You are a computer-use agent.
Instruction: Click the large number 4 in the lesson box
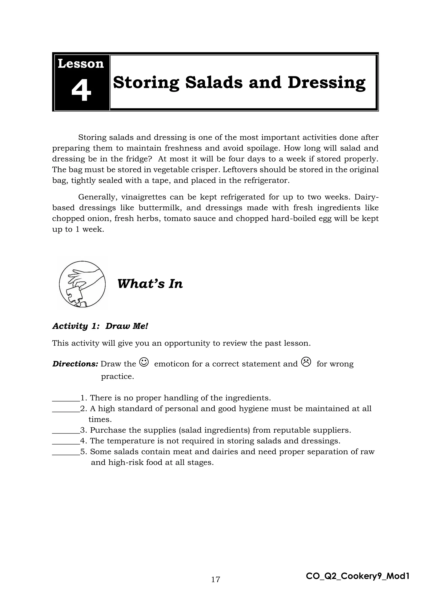[x=81, y=91]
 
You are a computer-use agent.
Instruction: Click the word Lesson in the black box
[x=81, y=64]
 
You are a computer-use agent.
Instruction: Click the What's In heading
[x=150, y=284]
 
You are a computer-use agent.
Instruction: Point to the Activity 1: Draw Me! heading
[x=100, y=326]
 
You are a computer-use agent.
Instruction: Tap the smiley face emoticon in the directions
[x=144, y=362]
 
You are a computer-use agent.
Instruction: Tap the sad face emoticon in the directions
[x=306, y=362]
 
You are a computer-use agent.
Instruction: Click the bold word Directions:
[x=75, y=364]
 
